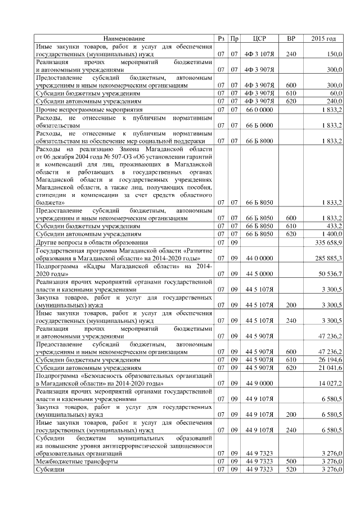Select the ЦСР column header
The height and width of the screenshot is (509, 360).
pos(260,38)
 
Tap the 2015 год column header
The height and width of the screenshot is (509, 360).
pos(323,38)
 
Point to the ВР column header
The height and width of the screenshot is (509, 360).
pos(291,38)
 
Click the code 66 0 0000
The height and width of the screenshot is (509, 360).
pos(260,109)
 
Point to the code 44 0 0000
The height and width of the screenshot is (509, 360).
pos(260,257)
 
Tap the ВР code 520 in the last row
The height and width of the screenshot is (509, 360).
pos(291,469)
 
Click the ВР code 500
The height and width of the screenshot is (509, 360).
pos(291,461)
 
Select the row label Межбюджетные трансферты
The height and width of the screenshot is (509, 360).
pos(76,461)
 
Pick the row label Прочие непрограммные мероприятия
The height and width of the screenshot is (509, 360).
pos(90,109)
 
